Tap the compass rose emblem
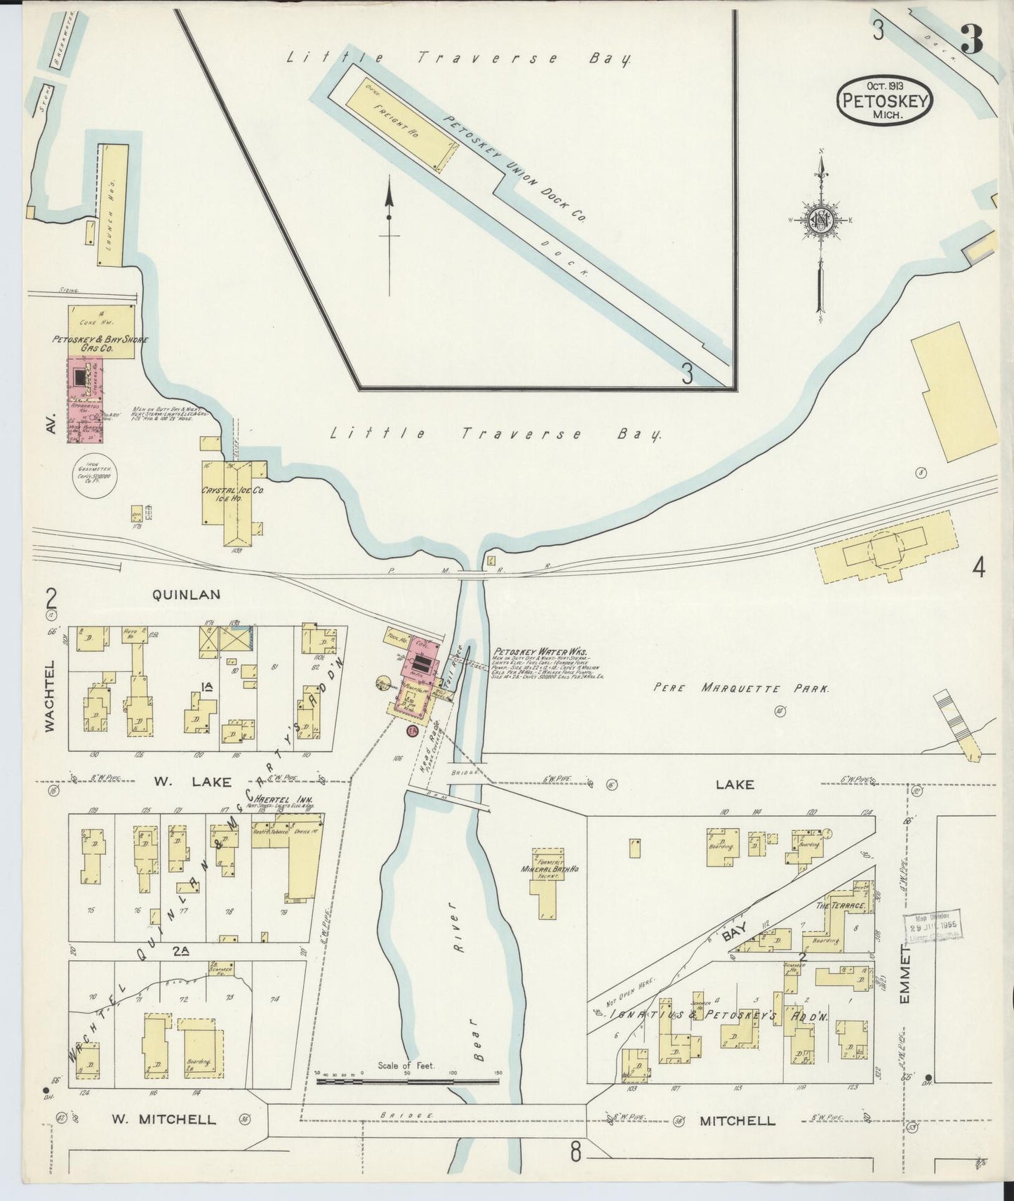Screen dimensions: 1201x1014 click(819, 220)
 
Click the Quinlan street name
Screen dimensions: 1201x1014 click(186, 594)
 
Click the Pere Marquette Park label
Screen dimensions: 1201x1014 click(741, 688)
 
